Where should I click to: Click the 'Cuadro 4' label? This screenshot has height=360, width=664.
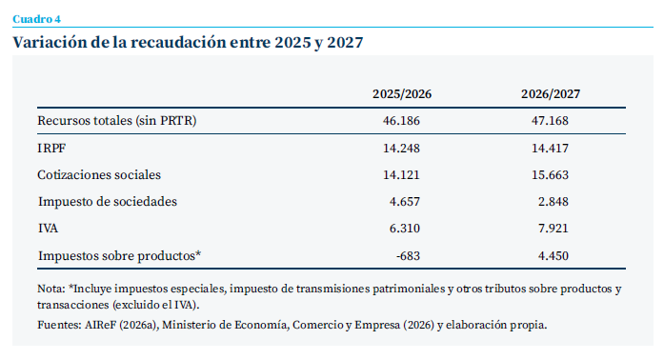(36, 19)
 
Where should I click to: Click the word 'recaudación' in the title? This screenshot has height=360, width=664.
(178, 42)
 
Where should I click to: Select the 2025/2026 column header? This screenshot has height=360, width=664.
(402, 94)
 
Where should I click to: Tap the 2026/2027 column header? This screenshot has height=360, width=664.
(551, 94)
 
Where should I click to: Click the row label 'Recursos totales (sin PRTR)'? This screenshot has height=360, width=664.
(117, 121)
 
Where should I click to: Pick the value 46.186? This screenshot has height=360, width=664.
(401, 121)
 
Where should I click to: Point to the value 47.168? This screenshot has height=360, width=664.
(550, 121)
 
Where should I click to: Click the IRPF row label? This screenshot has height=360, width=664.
(51, 149)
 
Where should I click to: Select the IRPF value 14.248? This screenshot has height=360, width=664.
(401, 149)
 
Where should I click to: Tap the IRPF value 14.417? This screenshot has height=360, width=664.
(550, 149)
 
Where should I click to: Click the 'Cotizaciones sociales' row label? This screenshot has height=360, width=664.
(99, 175)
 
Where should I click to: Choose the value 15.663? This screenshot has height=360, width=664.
(550, 175)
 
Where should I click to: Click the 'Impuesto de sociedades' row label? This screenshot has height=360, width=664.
(108, 202)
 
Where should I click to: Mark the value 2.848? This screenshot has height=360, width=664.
(553, 202)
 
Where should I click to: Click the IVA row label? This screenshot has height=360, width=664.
(48, 229)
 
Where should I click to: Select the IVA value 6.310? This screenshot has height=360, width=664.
(405, 229)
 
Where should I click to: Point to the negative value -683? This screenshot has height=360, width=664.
(409, 256)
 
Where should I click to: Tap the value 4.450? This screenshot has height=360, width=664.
(553, 256)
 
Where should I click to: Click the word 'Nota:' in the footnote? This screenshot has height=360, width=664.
(51, 289)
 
